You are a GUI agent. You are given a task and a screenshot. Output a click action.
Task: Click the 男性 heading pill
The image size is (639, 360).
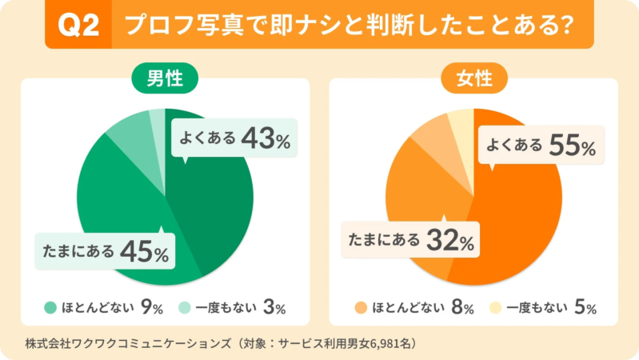point(165,79)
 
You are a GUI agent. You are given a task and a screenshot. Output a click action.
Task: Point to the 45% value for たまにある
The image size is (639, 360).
point(145,251)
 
